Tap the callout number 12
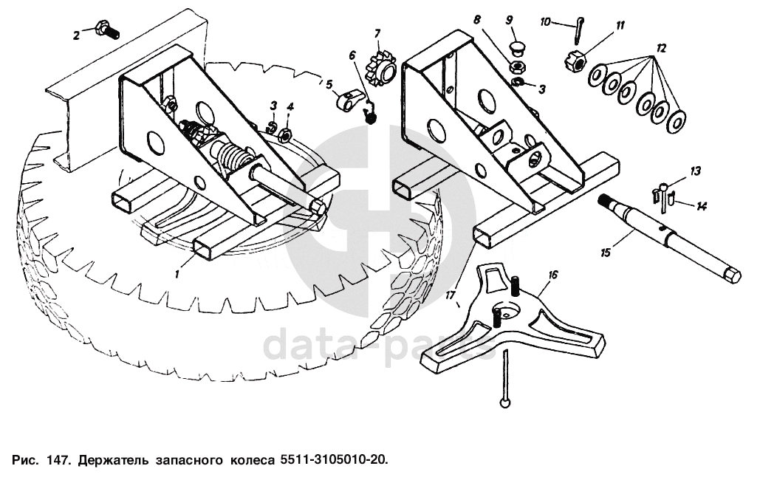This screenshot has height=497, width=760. point(661,48)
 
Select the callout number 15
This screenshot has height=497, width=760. point(606,253)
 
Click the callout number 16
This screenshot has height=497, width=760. point(552,275)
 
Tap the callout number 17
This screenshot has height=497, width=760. point(451,295)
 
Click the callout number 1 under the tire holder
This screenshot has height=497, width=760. point(177,274)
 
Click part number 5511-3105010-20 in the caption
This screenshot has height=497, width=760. point(334,459)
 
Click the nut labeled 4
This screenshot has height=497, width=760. point(286,134)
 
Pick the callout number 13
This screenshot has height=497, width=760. point(696,171)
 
